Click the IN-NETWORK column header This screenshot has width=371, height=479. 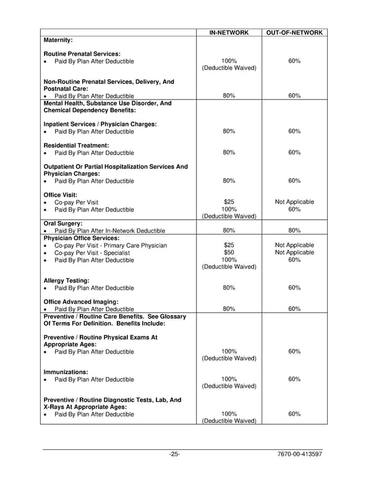[229, 32]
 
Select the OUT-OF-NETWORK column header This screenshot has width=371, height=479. [294, 32]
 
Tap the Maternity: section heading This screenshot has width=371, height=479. [58, 40]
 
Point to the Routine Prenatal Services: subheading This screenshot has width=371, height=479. [82, 54]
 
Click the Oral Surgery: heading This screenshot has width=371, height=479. [62, 223]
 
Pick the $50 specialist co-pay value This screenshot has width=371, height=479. [229, 252]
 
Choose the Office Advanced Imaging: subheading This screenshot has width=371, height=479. [80, 302]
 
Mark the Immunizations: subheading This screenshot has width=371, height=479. [66, 372]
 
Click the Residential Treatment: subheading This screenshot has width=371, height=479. [76, 145]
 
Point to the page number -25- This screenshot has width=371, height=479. [174, 454]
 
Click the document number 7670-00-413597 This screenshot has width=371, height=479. [301, 454]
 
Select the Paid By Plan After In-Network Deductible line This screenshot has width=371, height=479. [109, 231]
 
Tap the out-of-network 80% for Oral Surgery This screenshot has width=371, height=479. [294, 231]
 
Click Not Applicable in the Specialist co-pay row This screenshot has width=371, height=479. [294, 252]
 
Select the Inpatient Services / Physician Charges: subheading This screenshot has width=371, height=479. [100, 124]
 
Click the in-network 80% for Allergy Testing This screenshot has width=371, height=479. [229, 288]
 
